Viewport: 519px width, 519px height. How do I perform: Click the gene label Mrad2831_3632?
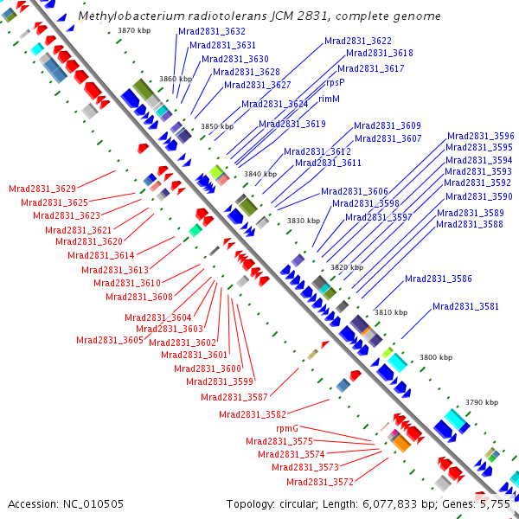tap(211, 31)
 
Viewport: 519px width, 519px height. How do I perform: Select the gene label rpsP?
tap(335, 82)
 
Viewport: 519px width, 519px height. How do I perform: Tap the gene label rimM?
tap(329, 99)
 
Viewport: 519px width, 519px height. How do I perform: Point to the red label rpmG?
tap(287, 428)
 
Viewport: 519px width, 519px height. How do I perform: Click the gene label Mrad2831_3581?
tap(465, 306)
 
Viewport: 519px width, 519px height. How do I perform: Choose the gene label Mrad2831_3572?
tap(319, 482)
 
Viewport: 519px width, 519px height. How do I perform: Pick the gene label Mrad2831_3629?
tap(42, 188)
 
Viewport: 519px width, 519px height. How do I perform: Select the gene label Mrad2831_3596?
tap(480, 136)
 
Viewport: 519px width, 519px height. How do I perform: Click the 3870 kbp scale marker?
tap(134, 30)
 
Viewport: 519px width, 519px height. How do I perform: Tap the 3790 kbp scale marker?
tap(482, 402)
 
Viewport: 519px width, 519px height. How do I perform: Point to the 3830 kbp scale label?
tap(304, 221)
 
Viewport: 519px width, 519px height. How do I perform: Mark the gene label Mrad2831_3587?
tap(234, 397)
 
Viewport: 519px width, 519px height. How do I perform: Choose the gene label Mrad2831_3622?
tap(358, 41)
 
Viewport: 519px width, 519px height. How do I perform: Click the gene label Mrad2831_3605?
tap(110, 340)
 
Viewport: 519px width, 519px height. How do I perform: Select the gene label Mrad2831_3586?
tap(439, 279)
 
